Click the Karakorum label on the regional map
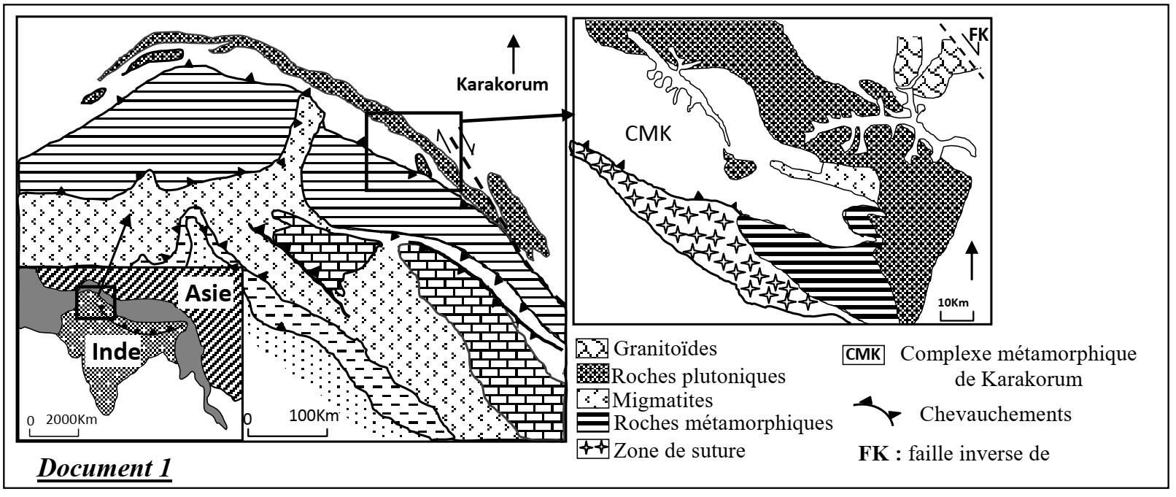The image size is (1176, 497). click(x=502, y=84)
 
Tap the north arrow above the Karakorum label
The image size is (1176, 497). click(x=515, y=51)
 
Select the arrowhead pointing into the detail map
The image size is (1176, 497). click(x=567, y=115)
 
